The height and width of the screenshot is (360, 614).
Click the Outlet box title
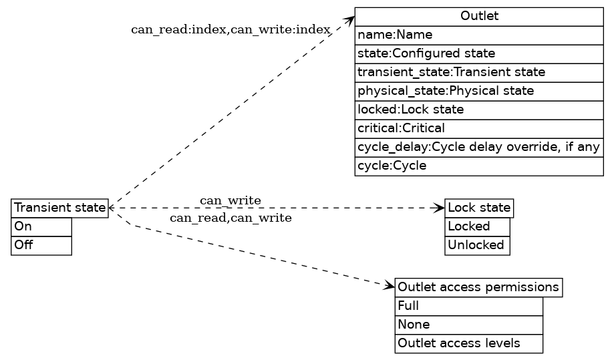(x=479, y=17)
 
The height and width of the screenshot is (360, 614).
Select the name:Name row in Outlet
(x=479, y=35)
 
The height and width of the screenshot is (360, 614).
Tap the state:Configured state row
(x=479, y=53)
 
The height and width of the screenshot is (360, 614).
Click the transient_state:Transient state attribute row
(x=479, y=72)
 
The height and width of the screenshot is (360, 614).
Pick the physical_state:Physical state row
(x=479, y=91)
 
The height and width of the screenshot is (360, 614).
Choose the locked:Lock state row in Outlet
(x=479, y=110)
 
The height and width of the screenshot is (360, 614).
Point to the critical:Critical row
(x=479, y=128)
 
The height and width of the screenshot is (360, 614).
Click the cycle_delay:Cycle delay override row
(x=479, y=147)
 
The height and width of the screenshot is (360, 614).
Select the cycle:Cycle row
(x=479, y=166)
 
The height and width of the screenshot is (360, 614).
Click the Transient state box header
(x=59, y=208)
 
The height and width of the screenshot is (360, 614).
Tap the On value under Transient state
(x=41, y=227)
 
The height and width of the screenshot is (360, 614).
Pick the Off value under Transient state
(x=41, y=245)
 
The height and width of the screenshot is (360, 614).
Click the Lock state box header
(x=479, y=208)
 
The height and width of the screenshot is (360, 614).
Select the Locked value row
(x=477, y=227)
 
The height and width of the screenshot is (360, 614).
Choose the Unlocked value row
(x=477, y=245)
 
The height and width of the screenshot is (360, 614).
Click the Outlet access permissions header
(x=478, y=287)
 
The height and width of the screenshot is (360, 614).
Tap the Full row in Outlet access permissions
(x=468, y=307)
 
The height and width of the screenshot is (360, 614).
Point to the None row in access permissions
(x=468, y=325)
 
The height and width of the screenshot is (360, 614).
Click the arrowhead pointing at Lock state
(x=440, y=208)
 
